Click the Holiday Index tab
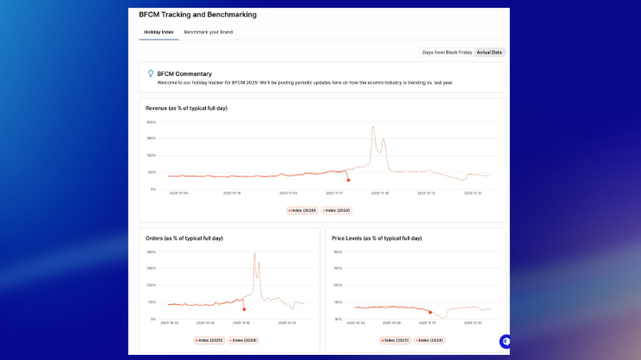tap(159, 32)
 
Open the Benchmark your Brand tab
tap(208, 32)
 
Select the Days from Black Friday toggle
tap(446, 53)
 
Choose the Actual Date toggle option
tap(489, 53)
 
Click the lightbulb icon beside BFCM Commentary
tap(151, 74)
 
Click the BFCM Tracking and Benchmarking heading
tap(197, 15)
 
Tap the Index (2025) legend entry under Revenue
tap(302, 210)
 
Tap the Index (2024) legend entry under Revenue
tap(337, 210)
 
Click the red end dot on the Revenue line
tap(348, 180)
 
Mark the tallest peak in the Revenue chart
tap(373, 127)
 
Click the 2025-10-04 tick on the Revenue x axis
tap(179, 194)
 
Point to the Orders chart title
tap(184, 238)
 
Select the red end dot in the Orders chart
tap(244, 309)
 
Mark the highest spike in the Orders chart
tap(255, 253)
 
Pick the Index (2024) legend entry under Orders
tap(244, 340)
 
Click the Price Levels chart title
tap(377, 238)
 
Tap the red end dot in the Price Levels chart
tap(430, 312)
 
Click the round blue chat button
tap(504, 341)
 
